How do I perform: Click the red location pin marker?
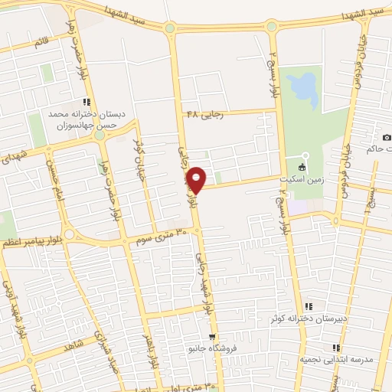click(x=198, y=178)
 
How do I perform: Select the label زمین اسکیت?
click(x=308, y=175)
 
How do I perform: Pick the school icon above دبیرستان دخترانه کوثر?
click(x=308, y=305)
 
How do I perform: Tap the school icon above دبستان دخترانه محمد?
click(x=87, y=101)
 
